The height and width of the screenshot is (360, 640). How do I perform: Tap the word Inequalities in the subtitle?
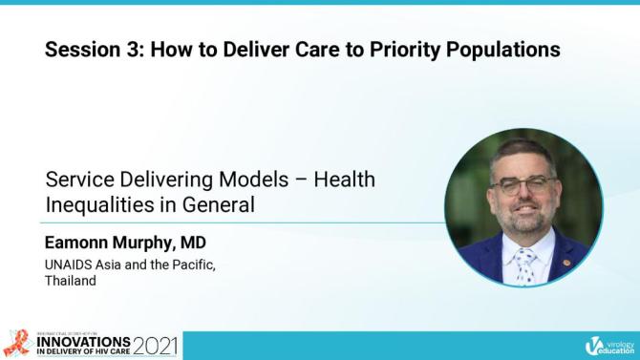(x=93, y=203)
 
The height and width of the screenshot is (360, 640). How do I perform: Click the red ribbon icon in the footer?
(x=16, y=343)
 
